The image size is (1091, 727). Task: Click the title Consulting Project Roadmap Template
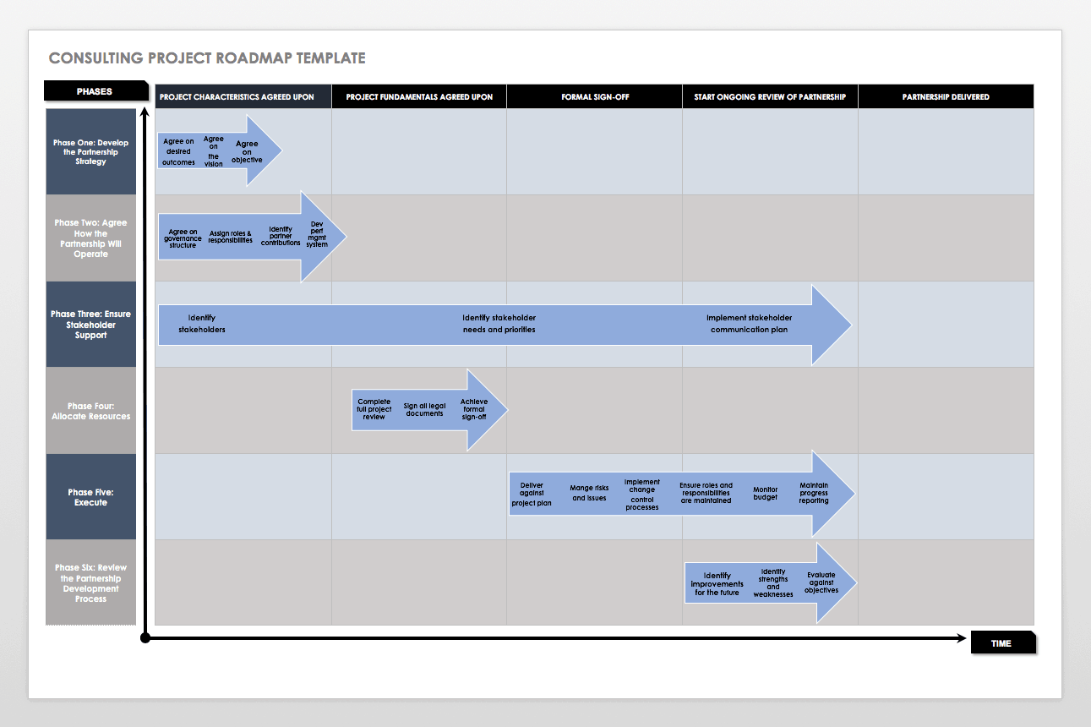[207, 58]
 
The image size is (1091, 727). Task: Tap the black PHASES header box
[94, 91]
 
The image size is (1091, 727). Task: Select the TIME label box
[1001, 643]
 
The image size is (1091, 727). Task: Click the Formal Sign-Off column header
[595, 97]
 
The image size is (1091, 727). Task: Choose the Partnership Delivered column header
[946, 97]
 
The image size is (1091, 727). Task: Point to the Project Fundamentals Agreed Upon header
[419, 97]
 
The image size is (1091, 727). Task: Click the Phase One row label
[91, 152]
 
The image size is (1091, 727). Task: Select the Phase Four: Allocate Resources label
[91, 411]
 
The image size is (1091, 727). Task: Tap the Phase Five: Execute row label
[91, 497]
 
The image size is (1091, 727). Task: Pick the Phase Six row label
[91, 583]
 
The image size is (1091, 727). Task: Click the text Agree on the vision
[214, 151]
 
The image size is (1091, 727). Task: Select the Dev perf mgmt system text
[317, 234]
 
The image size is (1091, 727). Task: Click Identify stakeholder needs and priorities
[499, 324]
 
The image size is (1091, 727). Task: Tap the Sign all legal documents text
[424, 410]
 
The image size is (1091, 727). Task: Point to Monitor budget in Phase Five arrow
[766, 494]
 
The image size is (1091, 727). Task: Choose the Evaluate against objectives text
[821, 582]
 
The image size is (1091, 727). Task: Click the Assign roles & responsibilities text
[231, 237]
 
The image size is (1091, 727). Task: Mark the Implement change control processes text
[641, 495]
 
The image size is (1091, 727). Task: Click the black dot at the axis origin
[145, 638]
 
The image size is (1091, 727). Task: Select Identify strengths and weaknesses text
[773, 583]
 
